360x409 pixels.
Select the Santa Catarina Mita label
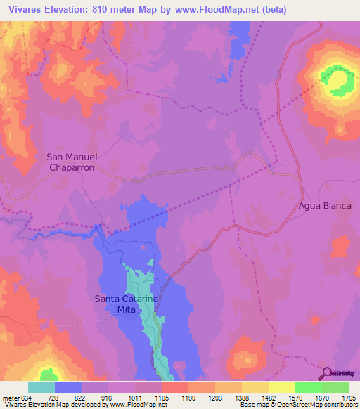(126, 304)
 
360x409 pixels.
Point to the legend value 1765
(347, 398)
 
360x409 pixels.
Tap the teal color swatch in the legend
(41, 387)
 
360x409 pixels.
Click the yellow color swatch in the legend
(282, 387)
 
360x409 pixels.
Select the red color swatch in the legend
(175, 387)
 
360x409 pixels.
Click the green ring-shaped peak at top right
(338, 81)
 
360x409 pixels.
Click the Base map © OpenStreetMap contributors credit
(297, 405)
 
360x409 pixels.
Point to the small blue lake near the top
(224, 77)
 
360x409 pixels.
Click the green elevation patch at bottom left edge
(48, 375)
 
